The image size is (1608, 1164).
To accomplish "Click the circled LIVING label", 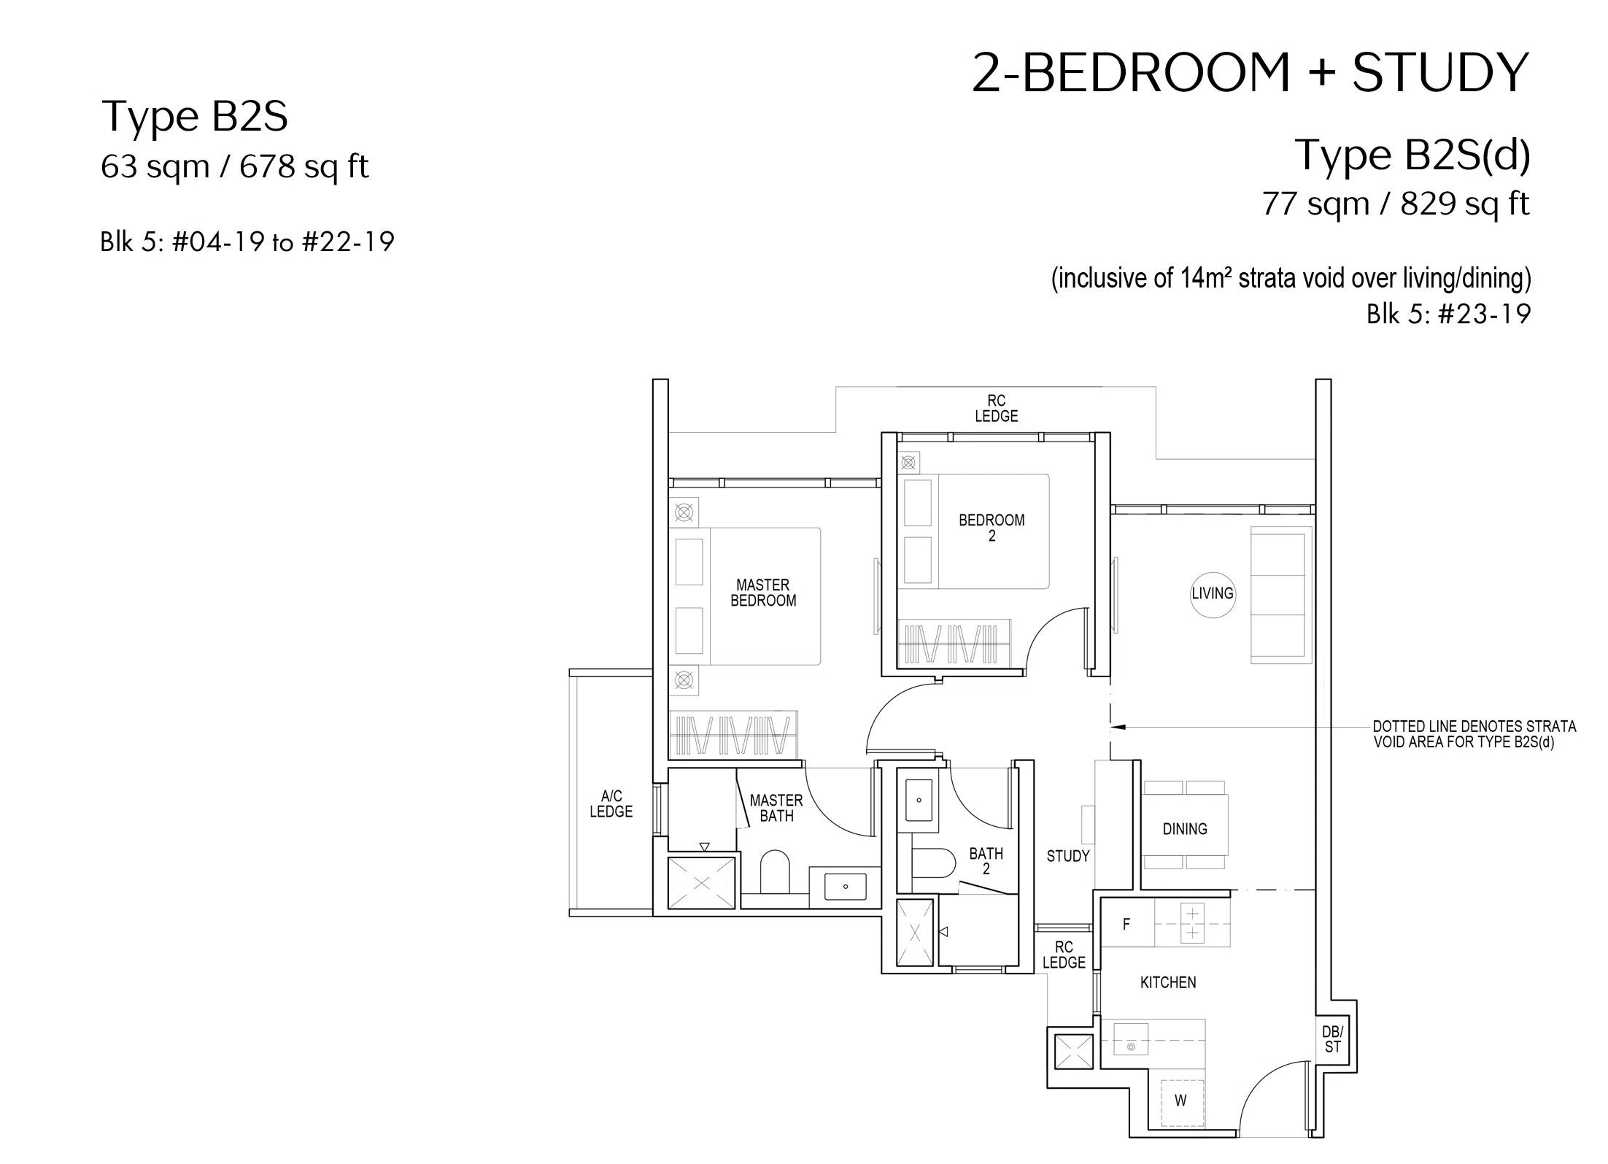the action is coord(1213,593).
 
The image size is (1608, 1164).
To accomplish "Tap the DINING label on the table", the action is coord(1185,828).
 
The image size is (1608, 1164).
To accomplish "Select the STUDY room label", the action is coord(1068,856).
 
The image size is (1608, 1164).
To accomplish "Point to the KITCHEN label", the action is coord(1168,982).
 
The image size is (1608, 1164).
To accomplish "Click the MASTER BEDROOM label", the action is coord(763,593).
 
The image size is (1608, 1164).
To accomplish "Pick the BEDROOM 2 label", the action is coord(992,528).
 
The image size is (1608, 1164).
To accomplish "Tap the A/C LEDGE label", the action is coord(611,803).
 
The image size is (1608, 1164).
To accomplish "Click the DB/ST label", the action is coord(1333,1039).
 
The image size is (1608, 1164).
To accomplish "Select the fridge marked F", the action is coord(1126,924).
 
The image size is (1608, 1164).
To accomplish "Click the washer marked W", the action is coord(1180,1101).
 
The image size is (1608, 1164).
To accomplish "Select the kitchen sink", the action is coord(1131,1038).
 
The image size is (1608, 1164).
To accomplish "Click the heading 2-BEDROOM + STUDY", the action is coord(1250,74).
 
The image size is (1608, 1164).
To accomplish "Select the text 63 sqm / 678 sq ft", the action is coord(235,167).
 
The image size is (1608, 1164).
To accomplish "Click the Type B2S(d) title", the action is coord(1412,155).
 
